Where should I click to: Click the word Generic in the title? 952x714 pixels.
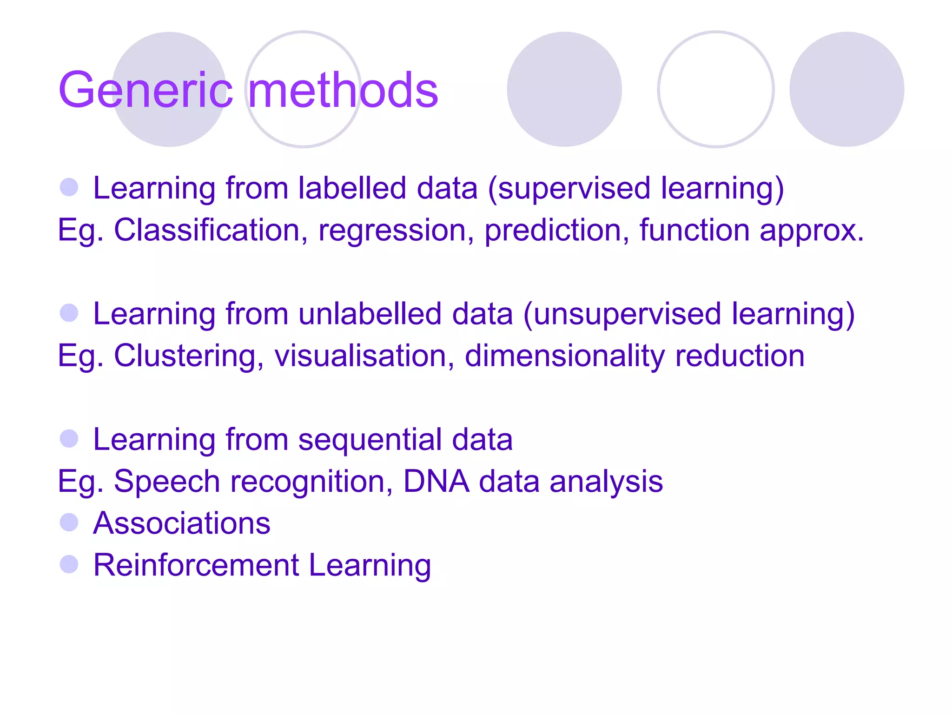[145, 90]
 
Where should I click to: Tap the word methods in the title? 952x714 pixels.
[343, 90]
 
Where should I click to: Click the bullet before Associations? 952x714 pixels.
[69, 522]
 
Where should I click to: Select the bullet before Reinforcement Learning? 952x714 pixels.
[69, 564]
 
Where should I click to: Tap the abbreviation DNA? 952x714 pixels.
[436, 481]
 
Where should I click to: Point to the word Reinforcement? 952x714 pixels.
[196, 565]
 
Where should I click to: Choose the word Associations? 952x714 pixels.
[182, 523]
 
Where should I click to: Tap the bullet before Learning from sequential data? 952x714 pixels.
[69, 438]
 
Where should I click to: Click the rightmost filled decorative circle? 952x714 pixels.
[846, 89]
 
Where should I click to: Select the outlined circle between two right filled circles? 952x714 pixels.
[715, 89]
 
